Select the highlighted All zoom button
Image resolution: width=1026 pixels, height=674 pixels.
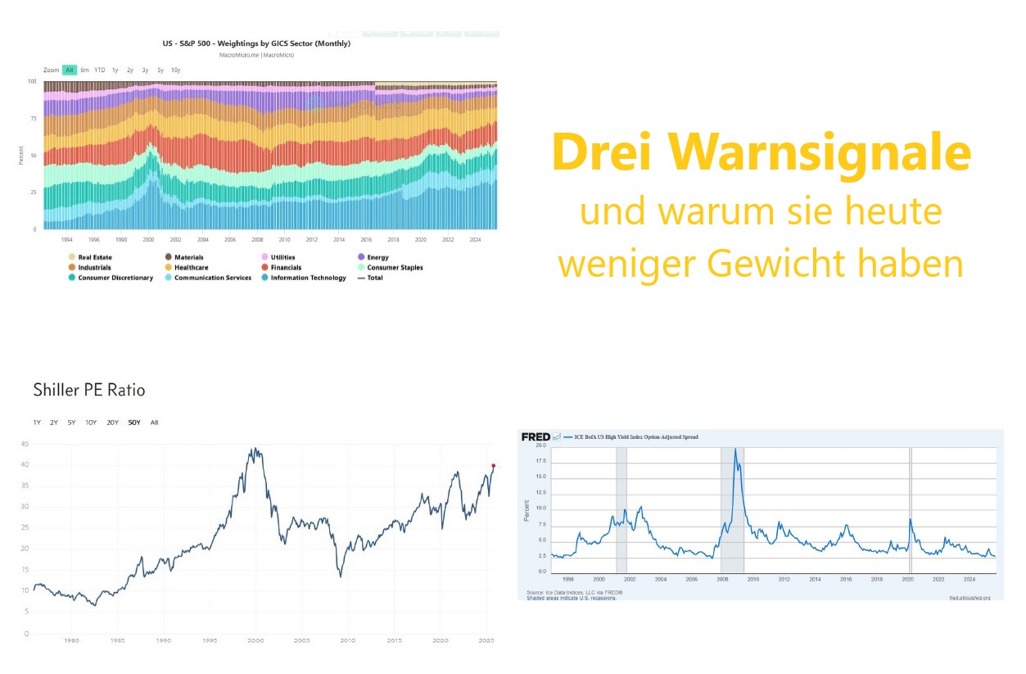[70, 70]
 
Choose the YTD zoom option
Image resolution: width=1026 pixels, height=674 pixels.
[99, 70]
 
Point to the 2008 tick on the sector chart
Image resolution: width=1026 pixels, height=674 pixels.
[257, 239]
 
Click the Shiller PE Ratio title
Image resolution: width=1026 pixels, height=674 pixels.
[88, 390]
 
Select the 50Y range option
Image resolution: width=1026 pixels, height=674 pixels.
[134, 423]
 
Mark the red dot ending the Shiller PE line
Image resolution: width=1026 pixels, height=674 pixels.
[493, 466]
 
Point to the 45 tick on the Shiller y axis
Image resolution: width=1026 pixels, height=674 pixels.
[25, 445]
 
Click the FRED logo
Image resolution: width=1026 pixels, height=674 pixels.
[536, 437]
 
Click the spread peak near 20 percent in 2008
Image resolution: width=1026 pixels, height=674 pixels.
[735, 450]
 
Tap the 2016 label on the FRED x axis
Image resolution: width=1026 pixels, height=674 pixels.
[845, 579]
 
